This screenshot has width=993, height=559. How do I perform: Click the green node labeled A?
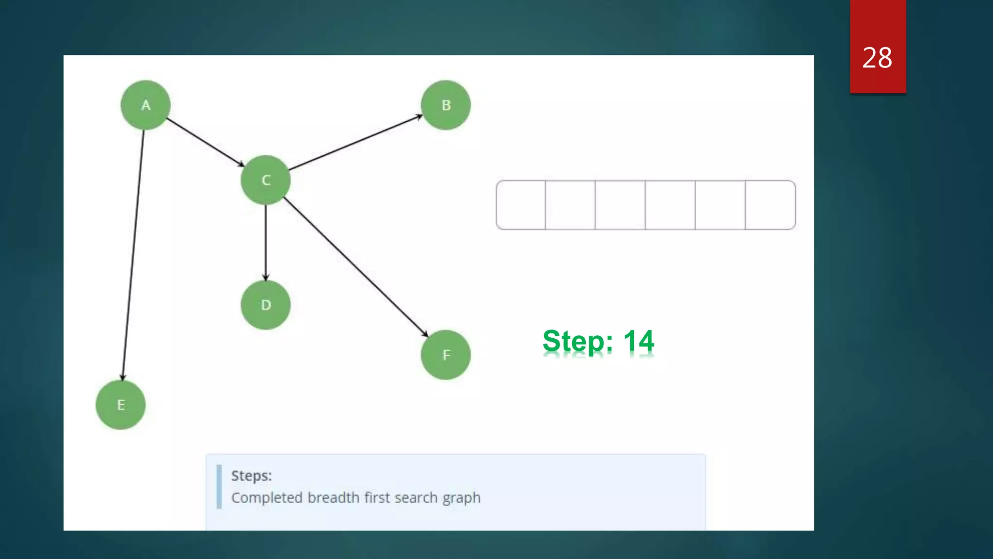145,105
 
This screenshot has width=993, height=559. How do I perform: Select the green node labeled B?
446,105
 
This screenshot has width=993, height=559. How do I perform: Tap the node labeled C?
266,180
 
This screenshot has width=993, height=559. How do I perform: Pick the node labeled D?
266,305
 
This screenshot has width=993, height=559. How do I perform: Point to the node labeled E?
121,405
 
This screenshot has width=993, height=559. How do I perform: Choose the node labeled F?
446,355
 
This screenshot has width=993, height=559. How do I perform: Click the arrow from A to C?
205,142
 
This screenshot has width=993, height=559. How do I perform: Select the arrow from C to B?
355,143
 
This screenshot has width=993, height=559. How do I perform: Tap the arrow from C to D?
266,243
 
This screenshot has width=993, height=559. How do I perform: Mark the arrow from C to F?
355,266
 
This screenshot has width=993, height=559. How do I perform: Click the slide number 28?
877,58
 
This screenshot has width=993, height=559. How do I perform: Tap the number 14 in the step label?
639,341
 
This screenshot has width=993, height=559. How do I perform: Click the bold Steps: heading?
251,476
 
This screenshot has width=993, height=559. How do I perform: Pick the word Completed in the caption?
267,498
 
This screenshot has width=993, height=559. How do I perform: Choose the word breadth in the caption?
333,498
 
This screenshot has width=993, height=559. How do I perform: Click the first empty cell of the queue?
521,205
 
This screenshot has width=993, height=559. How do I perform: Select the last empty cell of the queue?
770,205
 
